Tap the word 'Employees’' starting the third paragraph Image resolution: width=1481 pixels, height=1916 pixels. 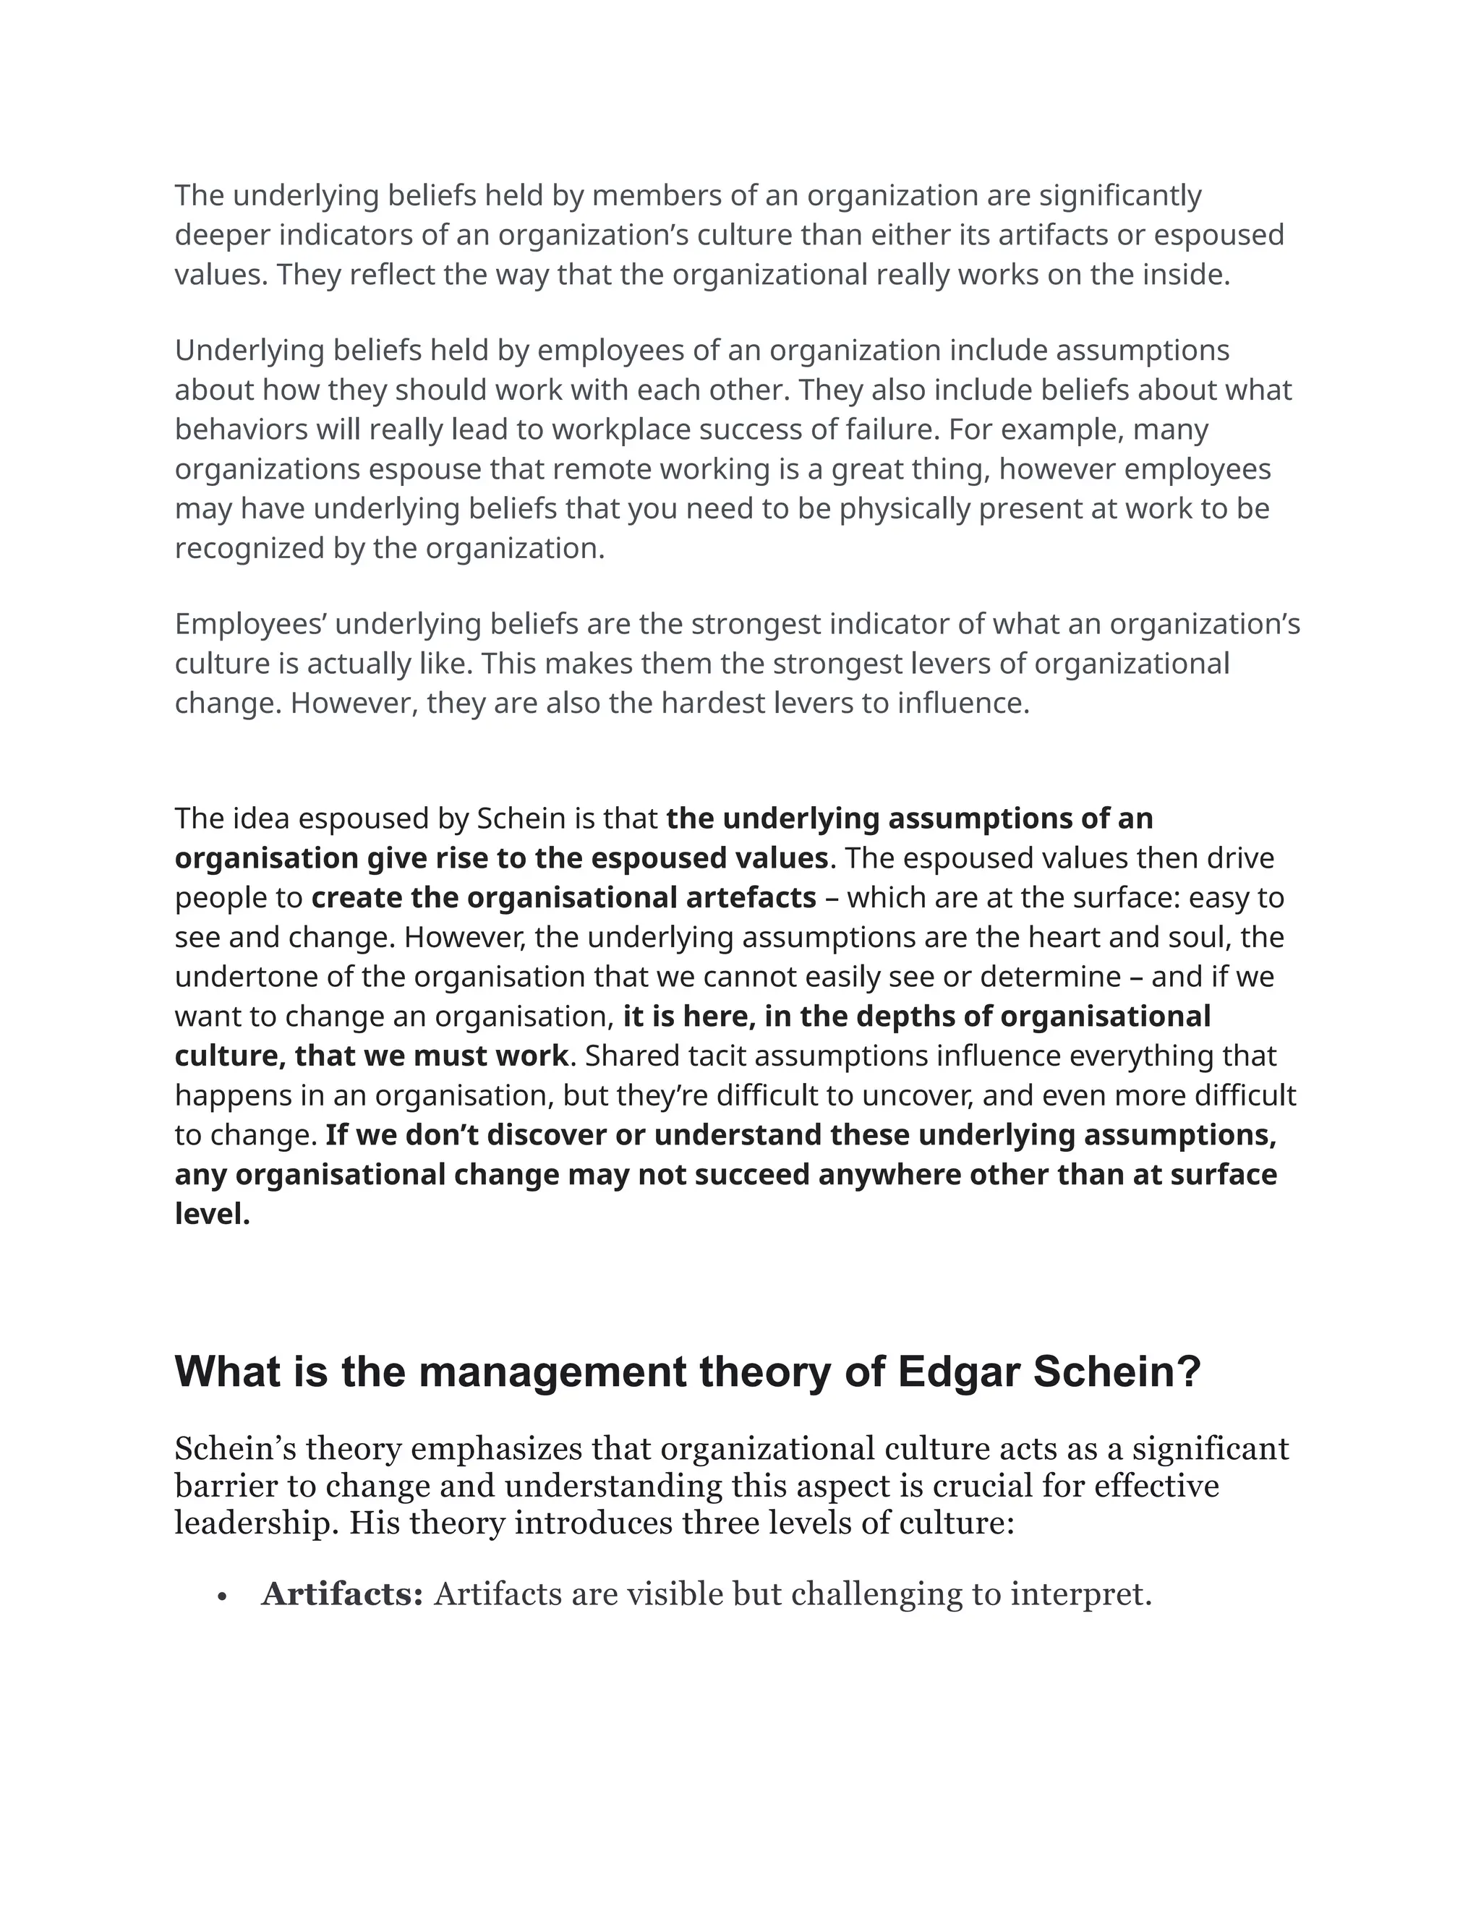tap(250, 625)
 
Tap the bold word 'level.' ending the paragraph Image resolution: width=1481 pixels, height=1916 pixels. tap(213, 1215)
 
